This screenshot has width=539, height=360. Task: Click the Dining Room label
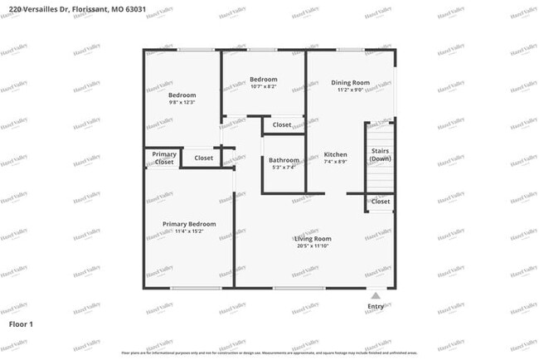coord(350,82)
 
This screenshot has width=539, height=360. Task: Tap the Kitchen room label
coord(335,154)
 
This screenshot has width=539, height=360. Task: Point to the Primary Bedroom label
coord(189,224)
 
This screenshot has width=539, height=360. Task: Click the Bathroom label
coord(284,159)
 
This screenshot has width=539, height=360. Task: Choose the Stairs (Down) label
coord(380,154)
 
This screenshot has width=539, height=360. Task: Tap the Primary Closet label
coord(164,158)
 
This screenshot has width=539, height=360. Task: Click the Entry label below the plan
coord(376,307)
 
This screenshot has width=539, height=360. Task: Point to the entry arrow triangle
coord(376,294)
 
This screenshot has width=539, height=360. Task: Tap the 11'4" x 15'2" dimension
coord(189,231)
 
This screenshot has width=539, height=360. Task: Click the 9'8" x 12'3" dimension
coord(182,103)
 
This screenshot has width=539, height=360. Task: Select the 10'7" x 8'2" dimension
coord(263,86)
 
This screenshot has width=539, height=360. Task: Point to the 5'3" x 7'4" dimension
coord(284,167)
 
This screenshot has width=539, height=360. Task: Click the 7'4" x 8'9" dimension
coord(335,162)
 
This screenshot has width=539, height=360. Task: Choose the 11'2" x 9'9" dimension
coord(350,90)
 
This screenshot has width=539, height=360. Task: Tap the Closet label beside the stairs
coord(381,202)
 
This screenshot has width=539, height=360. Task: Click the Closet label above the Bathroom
coord(282,125)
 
